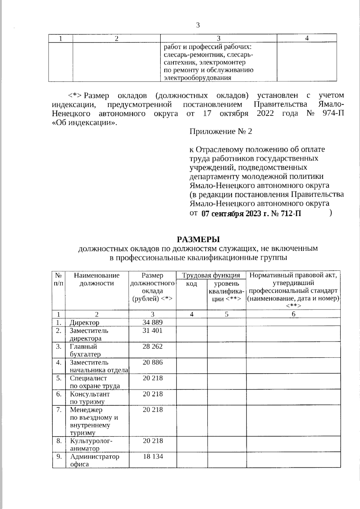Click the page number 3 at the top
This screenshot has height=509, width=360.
198,25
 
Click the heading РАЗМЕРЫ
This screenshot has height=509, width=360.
198,239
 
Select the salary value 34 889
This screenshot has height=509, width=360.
152,322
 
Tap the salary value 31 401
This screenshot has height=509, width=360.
152,331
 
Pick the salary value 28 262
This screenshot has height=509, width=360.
152,346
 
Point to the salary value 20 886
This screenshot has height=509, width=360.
152,362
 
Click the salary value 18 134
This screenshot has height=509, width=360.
153,457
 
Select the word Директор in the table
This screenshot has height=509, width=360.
84,323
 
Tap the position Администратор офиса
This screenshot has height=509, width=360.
94,460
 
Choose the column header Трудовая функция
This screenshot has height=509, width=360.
211,275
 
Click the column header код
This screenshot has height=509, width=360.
191,284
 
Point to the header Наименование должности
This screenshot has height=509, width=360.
97,279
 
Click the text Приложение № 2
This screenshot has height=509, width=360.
220,132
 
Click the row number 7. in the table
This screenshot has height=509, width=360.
59,409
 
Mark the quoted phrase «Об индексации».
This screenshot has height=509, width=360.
84,123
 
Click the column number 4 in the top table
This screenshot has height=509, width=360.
307,38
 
